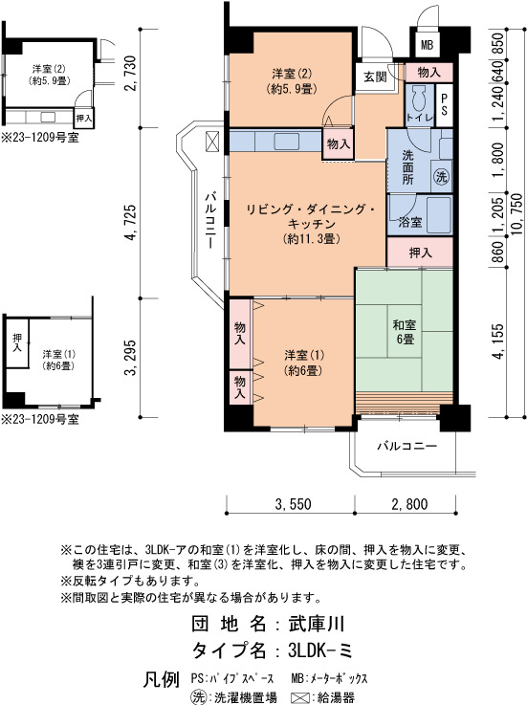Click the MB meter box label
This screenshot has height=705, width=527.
(x=427, y=45)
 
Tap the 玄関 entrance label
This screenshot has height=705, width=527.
(x=375, y=77)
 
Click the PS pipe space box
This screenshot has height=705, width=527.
(x=444, y=105)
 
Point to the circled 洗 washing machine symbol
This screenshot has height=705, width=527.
(x=441, y=177)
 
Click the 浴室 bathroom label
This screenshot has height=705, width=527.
(x=410, y=222)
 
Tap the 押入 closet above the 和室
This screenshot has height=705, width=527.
(x=420, y=253)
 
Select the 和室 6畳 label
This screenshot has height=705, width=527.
(x=405, y=332)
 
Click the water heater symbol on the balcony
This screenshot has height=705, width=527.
(x=212, y=142)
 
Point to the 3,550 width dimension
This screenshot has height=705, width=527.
(x=294, y=503)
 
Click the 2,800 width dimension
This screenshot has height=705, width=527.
(x=409, y=503)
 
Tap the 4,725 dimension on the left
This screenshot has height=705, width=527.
(x=130, y=223)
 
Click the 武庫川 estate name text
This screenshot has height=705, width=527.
(x=317, y=624)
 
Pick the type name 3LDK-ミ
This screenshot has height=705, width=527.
(x=320, y=650)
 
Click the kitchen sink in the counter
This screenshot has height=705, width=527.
(x=287, y=142)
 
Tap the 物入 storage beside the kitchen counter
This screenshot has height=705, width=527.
(x=339, y=143)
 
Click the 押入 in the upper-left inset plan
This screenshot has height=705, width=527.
(x=83, y=119)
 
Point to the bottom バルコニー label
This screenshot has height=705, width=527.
(x=406, y=447)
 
